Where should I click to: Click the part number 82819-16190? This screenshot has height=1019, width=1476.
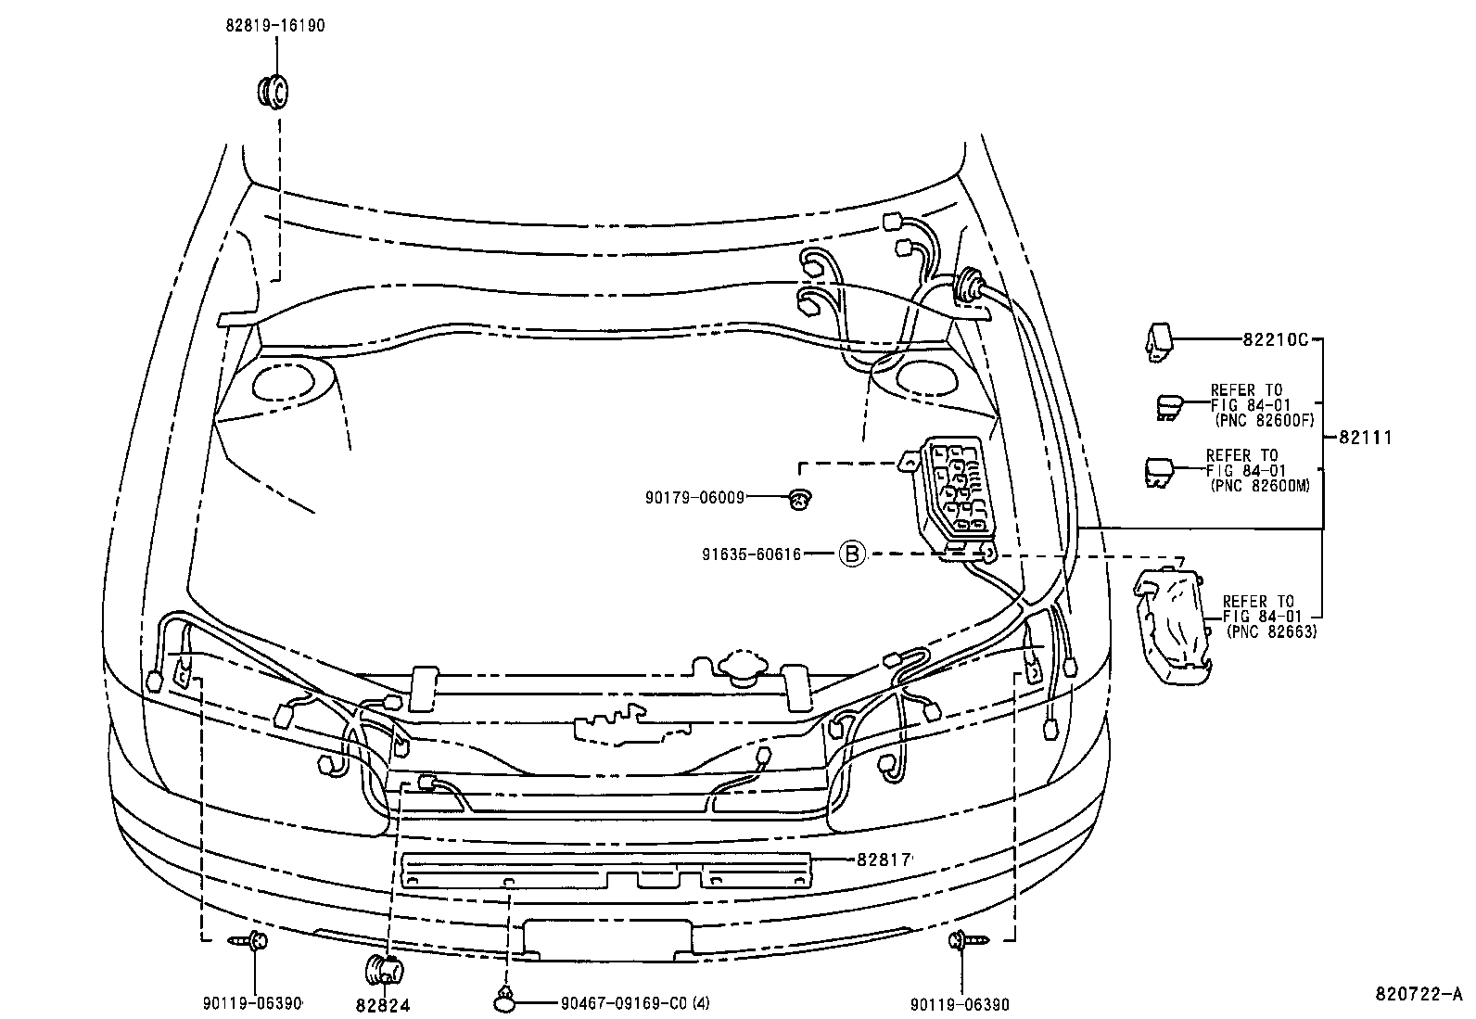click(x=274, y=26)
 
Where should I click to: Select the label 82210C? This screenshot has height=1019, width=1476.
click(x=1275, y=340)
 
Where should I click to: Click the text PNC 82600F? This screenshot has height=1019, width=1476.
click(x=1264, y=419)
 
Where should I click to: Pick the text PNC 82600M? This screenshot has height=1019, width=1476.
click(x=1260, y=484)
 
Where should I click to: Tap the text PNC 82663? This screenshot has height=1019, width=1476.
click(x=1271, y=631)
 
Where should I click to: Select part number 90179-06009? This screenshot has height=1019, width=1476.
click(x=695, y=498)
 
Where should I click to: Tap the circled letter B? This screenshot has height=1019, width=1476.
click(x=851, y=554)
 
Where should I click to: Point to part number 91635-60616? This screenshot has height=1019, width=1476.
click(x=751, y=554)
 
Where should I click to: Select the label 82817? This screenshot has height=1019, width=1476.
click(x=883, y=860)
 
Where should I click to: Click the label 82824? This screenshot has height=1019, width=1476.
click(x=382, y=1004)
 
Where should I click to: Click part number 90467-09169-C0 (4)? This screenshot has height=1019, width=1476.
click(x=635, y=1002)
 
